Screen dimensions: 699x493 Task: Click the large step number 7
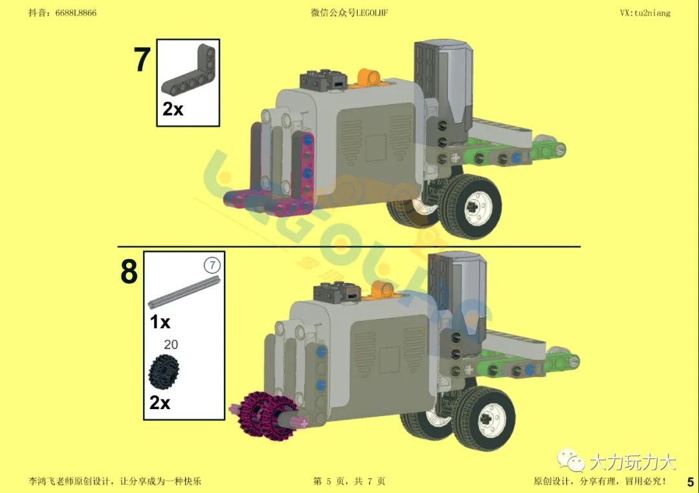[x=142, y=59]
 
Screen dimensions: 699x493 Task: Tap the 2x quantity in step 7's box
[x=173, y=109]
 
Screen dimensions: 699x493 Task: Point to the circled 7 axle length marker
[x=212, y=266]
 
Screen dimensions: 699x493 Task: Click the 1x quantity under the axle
[x=160, y=321]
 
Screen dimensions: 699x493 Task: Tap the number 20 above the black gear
[x=171, y=344]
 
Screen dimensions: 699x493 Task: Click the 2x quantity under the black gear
[x=160, y=403]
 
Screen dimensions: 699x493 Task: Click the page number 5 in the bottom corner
[x=690, y=482]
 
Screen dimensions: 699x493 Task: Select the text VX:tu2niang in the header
[x=645, y=13]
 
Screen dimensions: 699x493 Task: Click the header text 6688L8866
[x=76, y=12]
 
